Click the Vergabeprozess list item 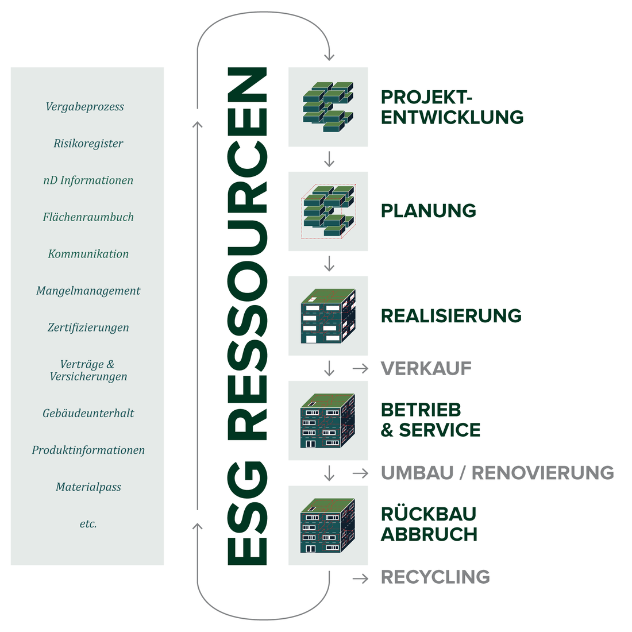click(x=84, y=107)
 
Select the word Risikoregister click(x=88, y=144)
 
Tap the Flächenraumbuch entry click(x=88, y=217)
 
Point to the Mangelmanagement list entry click(x=88, y=291)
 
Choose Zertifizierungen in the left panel click(x=88, y=327)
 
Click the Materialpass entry click(x=88, y=487)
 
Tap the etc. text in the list click(x=88, y=523)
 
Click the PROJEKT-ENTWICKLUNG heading click(x=452, y=107)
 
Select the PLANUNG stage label click(x=429, y=211)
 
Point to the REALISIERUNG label click(x=451, y=315)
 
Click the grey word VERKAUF click(x=426, y=368)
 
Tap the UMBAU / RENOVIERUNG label click(x=498, y=473)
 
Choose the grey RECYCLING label click(x=436, y=577)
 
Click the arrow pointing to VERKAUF click(x=360, y=368)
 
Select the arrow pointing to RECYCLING click(x=360, y=579)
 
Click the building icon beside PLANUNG click(x=328, y=211)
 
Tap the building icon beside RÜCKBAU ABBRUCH click(x=327, y=526)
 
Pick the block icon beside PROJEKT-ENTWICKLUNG click(x=327, y=107)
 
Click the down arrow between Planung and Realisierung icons click(x=329, y=264)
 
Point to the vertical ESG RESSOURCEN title click(x=247, y=316)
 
